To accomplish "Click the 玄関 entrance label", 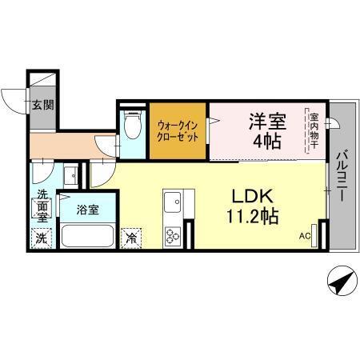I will pyautogui.click(x=42, y=103).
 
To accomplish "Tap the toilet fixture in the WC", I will pyautogui.click(x=133, y=126).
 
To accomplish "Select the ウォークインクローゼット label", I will pyautogui.click(x=178, y=130).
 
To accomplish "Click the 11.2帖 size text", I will pyautogui.click(x=254, y=217).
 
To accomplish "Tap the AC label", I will pyautogui.click(x=305, y=237).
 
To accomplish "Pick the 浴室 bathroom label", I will pyautogui.click(x=87, y=210).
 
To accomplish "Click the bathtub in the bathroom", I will pyautogui.click(x=87, y=237).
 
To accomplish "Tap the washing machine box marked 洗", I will pyautogui.click(x=42, y=238).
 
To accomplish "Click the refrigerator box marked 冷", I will pyautogui.click(x=130, y=238).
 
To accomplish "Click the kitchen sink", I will pyautogui.click(x=174, y=202).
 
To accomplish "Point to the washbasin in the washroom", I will pyautogui.click(x=70, y=175).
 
